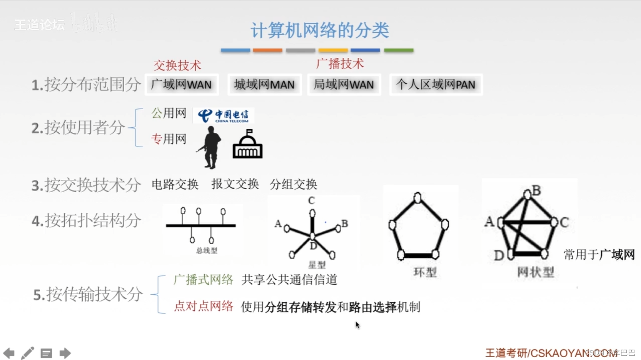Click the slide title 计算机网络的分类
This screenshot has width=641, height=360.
pos(320,30)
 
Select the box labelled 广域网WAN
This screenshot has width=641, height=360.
pos(182,84)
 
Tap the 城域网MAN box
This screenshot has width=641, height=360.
pos(264,84)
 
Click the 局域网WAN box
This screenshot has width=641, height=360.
pos(344,84)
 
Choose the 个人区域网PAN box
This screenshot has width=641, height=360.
pos(436,84)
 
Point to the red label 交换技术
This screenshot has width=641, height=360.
pos(177,65)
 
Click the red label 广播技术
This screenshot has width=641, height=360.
pos(340,63)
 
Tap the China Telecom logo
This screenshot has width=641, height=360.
pos(223,115)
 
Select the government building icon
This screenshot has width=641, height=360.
pos(247,145)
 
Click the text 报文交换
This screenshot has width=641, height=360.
pos(235,184)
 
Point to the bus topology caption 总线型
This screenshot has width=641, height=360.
pos(207,251)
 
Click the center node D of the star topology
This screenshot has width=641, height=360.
pos(312,236)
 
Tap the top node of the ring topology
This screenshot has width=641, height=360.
pos(417,198)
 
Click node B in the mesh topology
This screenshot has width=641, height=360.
pos(527,195)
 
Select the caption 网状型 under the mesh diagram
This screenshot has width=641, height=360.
pos(535,272)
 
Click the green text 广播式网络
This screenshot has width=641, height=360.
pos(203,280)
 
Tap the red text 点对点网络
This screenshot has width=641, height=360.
pos(203,306)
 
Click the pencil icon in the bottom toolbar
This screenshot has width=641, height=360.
pos(27,353)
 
